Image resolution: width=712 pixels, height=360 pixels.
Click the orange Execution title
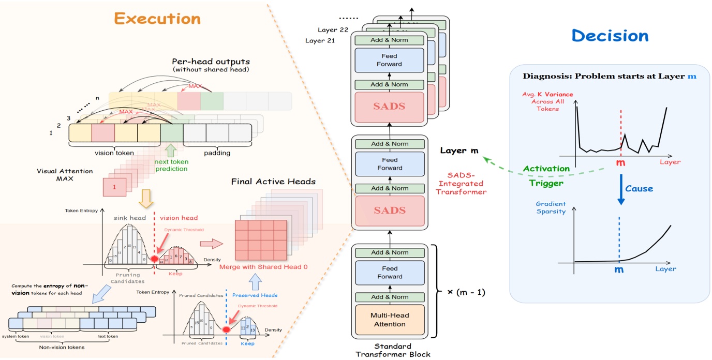tap(157, 19)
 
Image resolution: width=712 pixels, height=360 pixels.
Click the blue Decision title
tap(610, 36)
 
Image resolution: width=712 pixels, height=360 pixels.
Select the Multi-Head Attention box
tap(390, 320)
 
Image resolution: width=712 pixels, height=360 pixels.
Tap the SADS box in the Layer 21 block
tap(390, 107)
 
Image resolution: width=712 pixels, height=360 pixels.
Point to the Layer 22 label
tap(333, 29)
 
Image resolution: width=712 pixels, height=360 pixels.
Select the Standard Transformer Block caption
tap(393, 350)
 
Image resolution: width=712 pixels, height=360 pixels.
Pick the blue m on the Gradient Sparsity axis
tap(618, 269)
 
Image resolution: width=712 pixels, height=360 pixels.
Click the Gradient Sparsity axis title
tap(551, 207)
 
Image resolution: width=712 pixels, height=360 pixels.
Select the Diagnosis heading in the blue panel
tap(609, 76)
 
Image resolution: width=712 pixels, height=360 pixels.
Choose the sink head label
tap(130, 218)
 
